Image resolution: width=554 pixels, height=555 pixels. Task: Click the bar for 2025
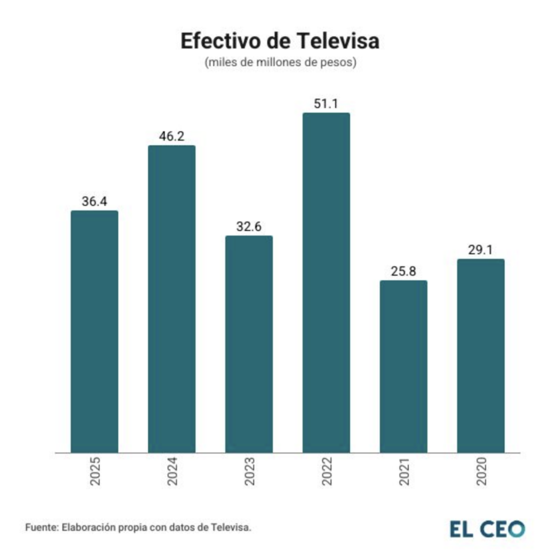point(94,331)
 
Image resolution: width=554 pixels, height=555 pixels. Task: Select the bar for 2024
point(171,299)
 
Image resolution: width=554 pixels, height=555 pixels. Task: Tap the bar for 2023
point(249,344)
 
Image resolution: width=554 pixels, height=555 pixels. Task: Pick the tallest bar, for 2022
point(326,282)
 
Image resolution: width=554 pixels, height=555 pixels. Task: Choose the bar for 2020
point(480,356)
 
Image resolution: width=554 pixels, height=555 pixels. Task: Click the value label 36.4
point(94,201)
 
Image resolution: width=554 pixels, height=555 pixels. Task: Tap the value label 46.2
point(171,136)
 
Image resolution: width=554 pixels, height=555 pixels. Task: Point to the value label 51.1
point(326,104)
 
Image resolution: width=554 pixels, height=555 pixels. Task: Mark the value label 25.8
point(403,271)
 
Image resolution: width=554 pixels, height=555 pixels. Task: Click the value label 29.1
point(480,249)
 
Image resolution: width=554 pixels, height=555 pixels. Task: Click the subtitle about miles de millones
point(280,63)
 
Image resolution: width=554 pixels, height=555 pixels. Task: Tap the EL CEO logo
point(487,528)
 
